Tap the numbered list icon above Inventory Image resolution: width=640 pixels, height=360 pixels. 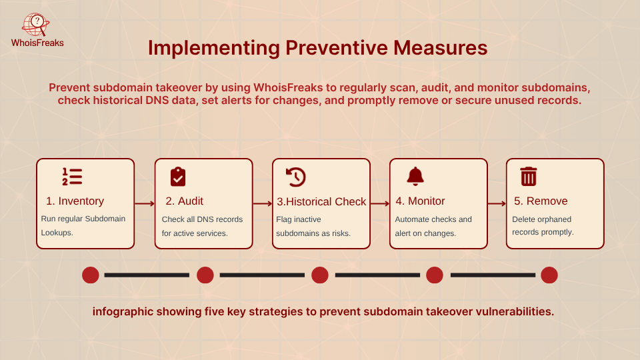pyautogui.click(x=72, y=177)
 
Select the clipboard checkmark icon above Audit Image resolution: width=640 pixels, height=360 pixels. pyautogui.click(x=178, y=177)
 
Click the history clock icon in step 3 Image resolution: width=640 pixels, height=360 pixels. pyautogui.click(x=295, y=177)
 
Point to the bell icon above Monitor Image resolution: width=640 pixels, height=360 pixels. pyautogui.click(x=415, y=177)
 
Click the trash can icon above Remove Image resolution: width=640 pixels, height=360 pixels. pyautogui.click(x=529, y=177)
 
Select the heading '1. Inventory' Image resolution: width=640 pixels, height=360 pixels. pyautogui.click(x=75, y=201)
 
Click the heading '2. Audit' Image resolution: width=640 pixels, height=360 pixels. pyautogui.click(x=184, y=201)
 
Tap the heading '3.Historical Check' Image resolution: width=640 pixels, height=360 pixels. pyautogui.click(x=321, y=201)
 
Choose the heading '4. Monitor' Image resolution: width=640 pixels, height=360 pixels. pyautogui.click(x=419, y=201)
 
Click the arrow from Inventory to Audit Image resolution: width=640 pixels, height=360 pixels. pyautogui.click(x=145, y=204)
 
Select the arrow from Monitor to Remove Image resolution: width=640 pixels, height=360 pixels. pyautogui.click(x=496, y=204)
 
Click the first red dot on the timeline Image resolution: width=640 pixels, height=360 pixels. pyautogui.click(x=91, y=275)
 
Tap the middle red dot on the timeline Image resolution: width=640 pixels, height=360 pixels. pyautogui.click(x=320, y=275)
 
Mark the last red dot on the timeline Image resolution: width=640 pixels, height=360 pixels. pyautogui.click(x=549, y=275)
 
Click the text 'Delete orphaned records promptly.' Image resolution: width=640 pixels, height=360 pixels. pyautogui.click(x=543, y=226)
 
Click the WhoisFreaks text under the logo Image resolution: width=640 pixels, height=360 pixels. pyautogui.click(x=37, y=43)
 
